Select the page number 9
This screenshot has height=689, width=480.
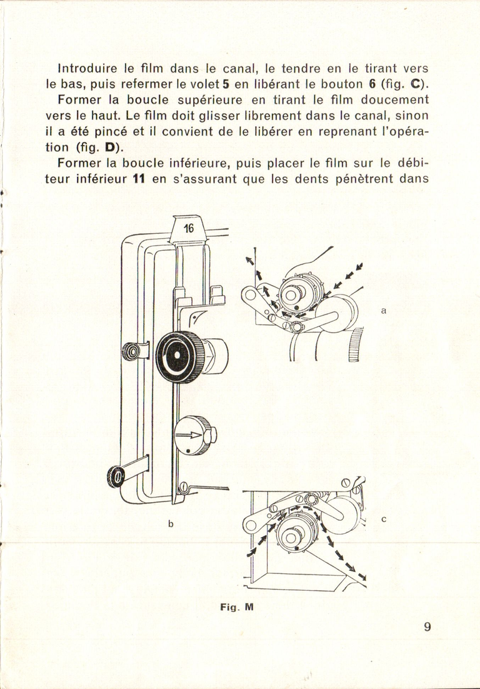(427, 626)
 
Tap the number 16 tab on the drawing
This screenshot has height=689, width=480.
(189, 228)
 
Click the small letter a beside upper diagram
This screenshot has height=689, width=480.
(383, 309)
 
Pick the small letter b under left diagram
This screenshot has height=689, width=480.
(170, 524)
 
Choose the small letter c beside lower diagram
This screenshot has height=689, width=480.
(383, 518)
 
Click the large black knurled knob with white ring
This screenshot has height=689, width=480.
(179, 357)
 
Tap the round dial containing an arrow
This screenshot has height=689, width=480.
(194, 435)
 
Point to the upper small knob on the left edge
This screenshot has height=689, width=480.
(133, 351)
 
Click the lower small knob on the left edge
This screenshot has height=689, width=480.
(117, 476)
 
